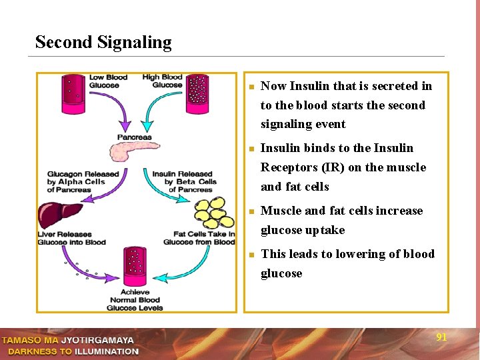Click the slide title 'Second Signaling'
103,42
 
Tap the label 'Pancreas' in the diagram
134,137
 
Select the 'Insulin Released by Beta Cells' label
184,181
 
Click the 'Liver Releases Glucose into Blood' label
72,238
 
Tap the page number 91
441,337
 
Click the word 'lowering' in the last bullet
341,254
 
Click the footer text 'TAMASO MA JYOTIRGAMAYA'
67,341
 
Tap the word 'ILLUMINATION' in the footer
106,351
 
